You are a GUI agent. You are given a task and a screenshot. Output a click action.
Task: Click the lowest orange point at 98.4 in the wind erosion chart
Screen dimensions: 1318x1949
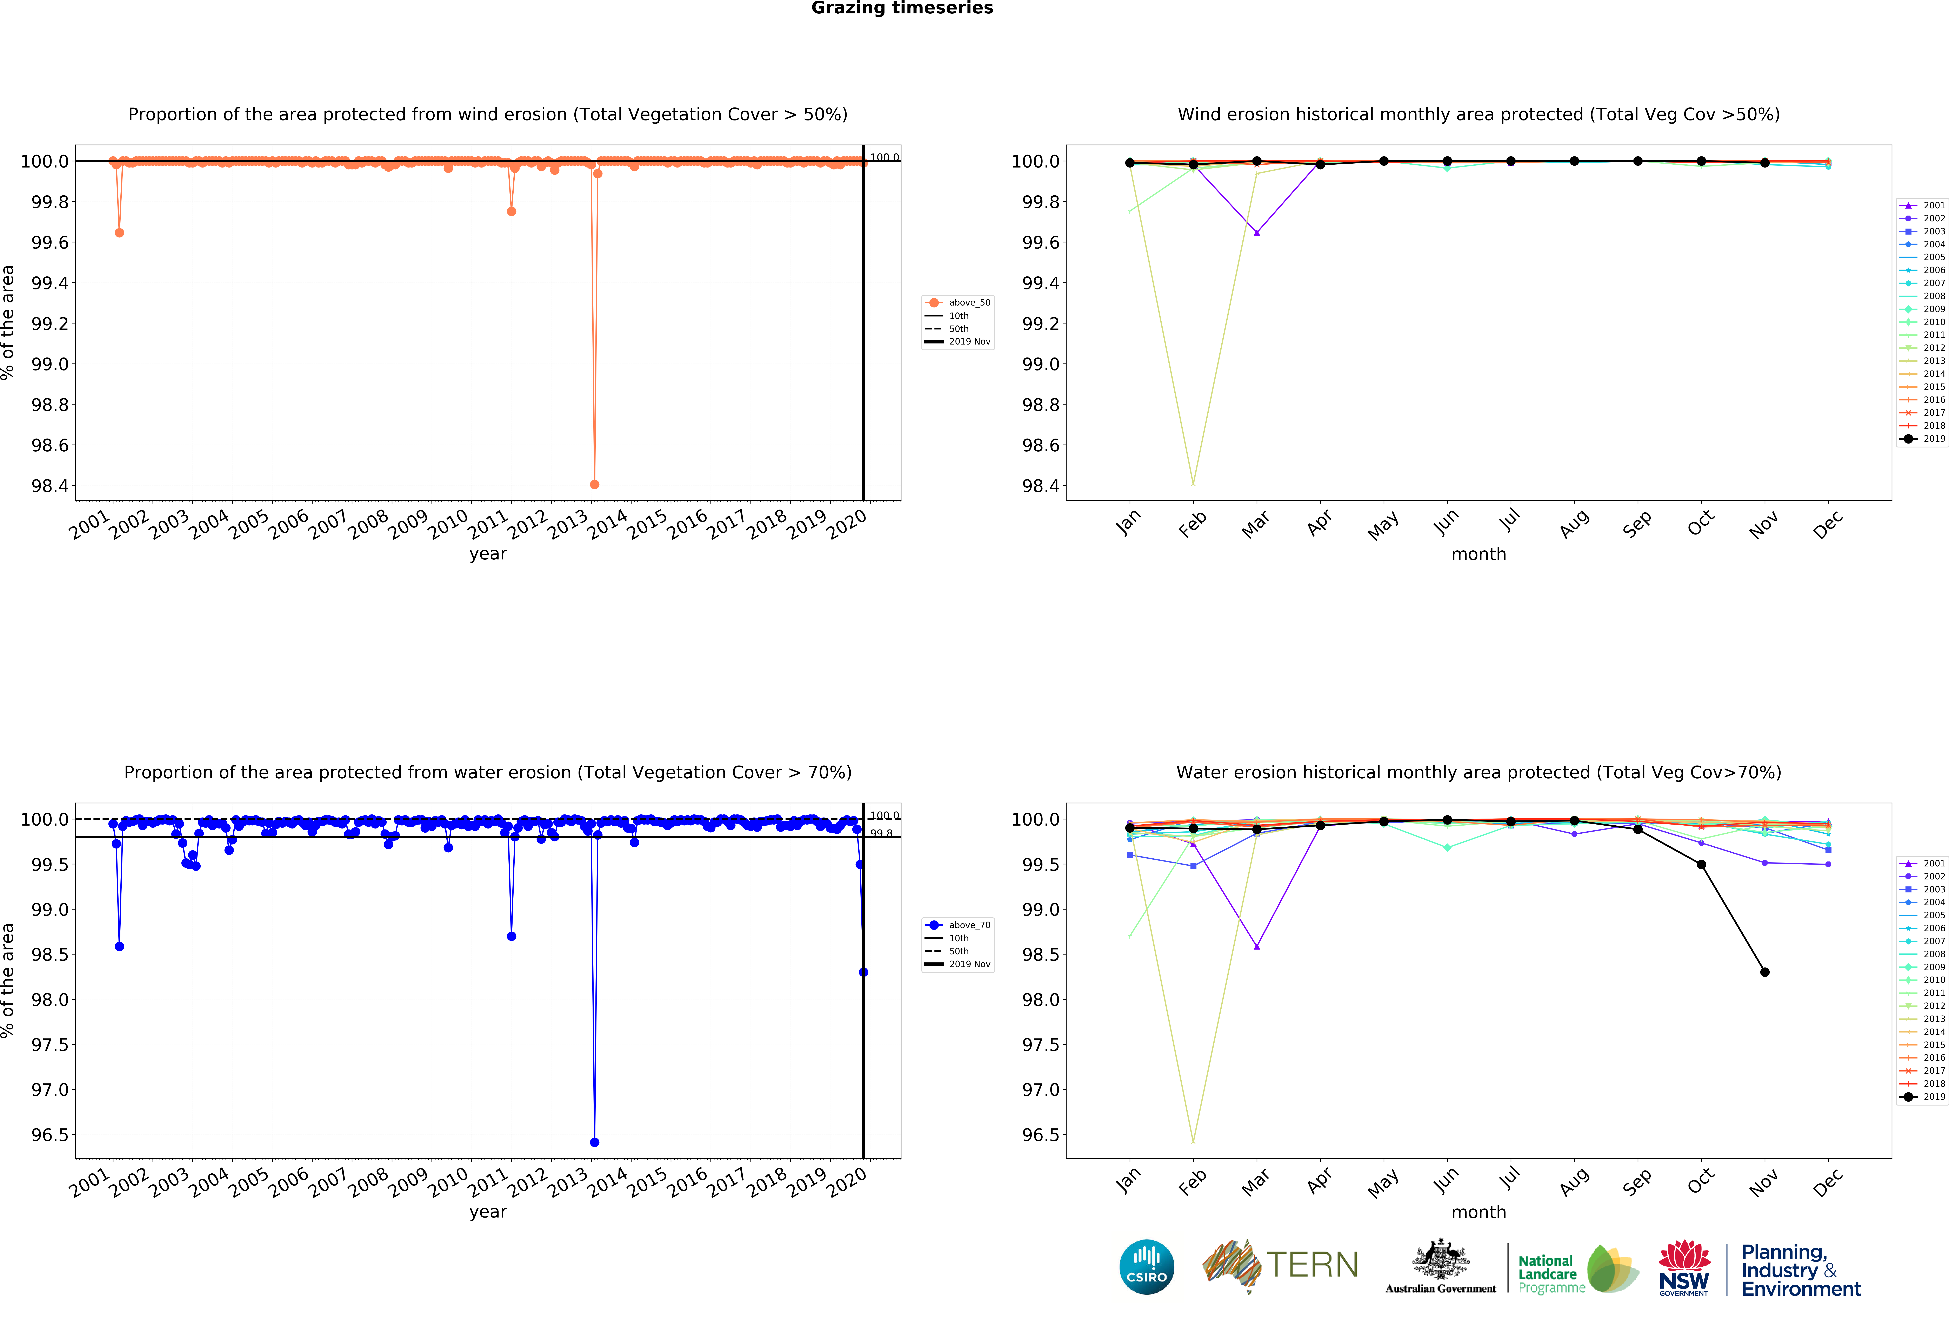pos(595,484)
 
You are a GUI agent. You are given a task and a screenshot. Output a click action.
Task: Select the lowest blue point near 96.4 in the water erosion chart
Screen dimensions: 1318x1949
pos(595,1142)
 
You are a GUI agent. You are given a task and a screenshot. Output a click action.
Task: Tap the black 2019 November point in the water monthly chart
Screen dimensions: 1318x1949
pos(1764,971)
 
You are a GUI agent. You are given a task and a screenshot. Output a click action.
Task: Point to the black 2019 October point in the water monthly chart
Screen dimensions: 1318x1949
pos(1701,864)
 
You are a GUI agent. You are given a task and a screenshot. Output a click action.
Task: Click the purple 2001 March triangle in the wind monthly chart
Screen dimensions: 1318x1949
pos(1256,232)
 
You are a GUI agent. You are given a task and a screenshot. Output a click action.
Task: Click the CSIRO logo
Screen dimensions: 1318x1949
pos(1146,1267)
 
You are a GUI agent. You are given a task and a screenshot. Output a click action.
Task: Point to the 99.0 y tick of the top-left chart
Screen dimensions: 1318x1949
pos(50,364)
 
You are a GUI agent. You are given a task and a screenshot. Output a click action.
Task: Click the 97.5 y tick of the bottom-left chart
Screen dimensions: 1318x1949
pos(50,1044)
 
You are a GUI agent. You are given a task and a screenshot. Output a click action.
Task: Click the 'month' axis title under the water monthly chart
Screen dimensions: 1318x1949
pos(1479,1212)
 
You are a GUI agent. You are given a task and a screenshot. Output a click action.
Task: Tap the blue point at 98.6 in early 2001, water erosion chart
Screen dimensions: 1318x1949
pos(119,946)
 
